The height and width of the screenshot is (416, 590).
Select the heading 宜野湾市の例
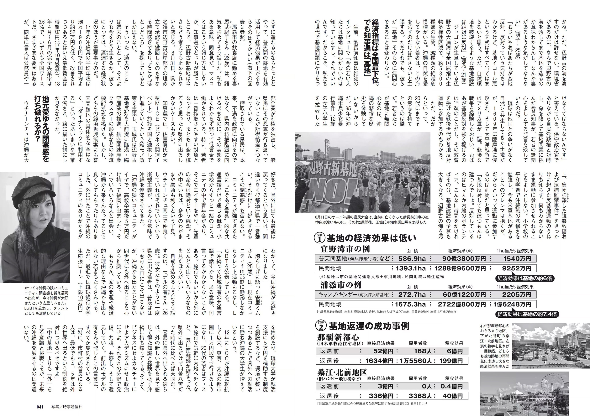coord(345,249)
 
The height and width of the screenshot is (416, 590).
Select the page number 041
coord(41,407)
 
